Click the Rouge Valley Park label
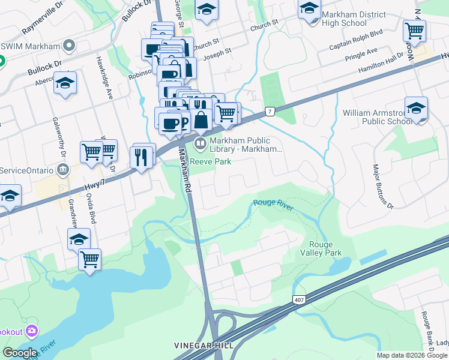pyautogui.click(x=325, y=248)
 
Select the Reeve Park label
pyautogui.click(x=211, y=161)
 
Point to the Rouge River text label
pyautogui.click(x=273, y=204)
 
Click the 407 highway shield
pyautogui.click(x=298, y=299)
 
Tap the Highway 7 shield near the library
pyautogui.click(x=271, y=112)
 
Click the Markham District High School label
pyautogui.click(x=344, y=19)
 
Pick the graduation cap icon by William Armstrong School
pyautogui.click(x=416, y=109)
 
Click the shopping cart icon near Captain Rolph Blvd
pyautogui.click(x=414, y=30)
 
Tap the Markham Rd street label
pyautogui.click(x=184, y=172)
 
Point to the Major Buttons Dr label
pyautogui.click(x=382, y=187)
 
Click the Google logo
pyautogui.click(x=20, y=353)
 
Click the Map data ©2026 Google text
pyautogui.click(x=412, y=355)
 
